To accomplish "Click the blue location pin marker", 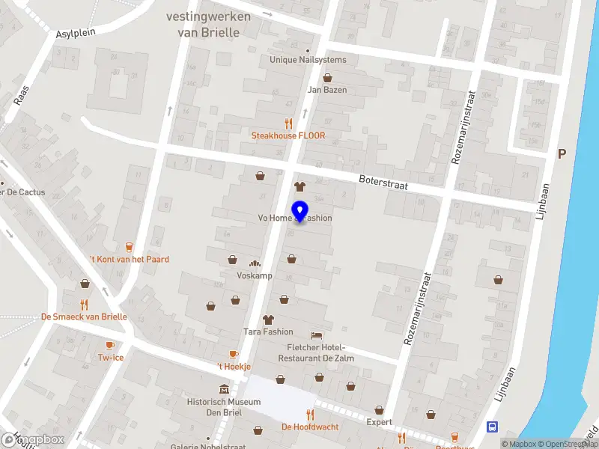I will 299,212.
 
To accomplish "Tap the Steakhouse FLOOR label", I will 288,135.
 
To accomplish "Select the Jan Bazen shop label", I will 327,89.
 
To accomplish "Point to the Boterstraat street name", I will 383,182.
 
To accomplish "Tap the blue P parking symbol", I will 562,153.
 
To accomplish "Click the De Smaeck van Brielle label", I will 84,317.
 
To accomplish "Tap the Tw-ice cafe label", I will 110,358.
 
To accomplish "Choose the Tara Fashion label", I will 268,332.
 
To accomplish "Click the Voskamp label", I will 254,275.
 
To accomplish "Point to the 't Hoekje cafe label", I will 233,366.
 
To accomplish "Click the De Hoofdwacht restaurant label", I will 310,427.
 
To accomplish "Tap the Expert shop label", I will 379,422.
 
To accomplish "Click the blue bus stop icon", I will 493,427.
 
